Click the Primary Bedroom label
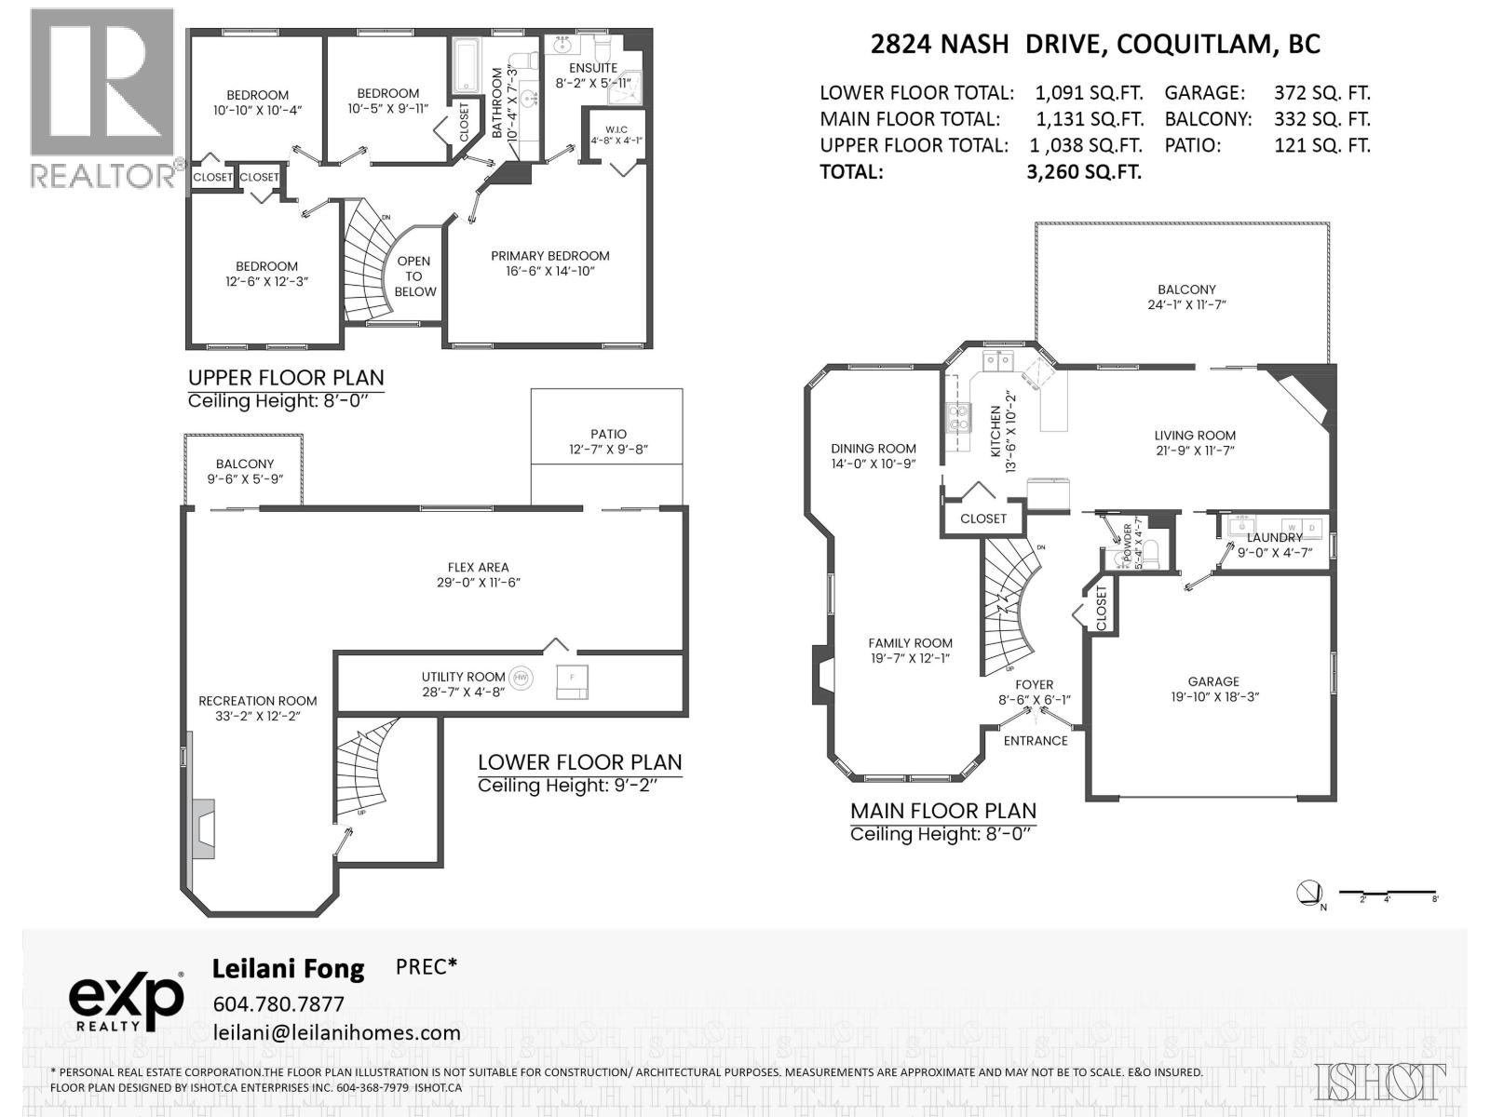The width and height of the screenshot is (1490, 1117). [549, 256]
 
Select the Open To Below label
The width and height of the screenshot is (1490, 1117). [414, 276]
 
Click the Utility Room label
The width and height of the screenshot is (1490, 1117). [463, 677]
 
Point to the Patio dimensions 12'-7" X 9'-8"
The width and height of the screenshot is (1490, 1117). [608, 449]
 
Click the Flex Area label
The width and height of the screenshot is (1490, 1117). [478, 567]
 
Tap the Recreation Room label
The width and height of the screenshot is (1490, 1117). [257, 701]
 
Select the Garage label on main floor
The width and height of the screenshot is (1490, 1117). [1213, 681]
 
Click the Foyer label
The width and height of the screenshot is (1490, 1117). [1034, 684]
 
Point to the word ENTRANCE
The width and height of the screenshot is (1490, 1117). [1036, 741]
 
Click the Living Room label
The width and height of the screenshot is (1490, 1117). [1195, 435]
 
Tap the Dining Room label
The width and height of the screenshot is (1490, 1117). [874, 449]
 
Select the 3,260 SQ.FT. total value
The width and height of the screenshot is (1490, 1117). [1084, 172]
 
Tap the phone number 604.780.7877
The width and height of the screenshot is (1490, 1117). [278, 1004]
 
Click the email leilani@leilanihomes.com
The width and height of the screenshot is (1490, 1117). [336, 1032]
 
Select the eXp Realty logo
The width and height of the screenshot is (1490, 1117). [126, 1002]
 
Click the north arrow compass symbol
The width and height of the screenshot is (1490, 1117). [1308, 894]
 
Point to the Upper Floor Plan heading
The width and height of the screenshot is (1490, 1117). [286, 378]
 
